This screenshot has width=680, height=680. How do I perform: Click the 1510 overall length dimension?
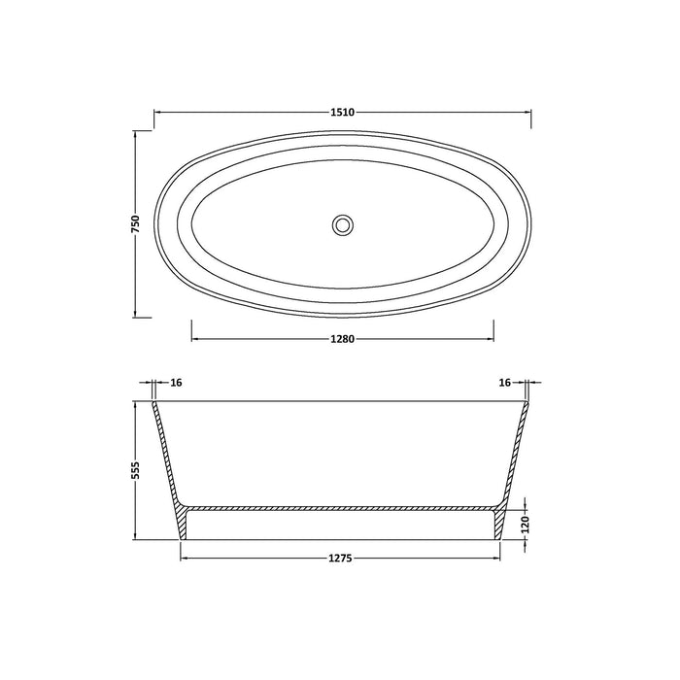(341, 113)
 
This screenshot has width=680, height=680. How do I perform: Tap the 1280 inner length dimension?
(341, 339)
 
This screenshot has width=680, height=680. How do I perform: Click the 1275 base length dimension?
(341, 559)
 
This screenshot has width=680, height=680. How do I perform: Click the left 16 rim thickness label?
(176, 383)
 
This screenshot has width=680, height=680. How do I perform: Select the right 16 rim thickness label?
(504, 383)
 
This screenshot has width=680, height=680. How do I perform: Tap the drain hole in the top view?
(341, 224)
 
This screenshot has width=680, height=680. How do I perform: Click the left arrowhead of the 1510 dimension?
(156, 113)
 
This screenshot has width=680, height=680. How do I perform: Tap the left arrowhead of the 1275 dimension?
(185, 559)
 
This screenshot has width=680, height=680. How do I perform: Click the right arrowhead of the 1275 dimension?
(497, 559)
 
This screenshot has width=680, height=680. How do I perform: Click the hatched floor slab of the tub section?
(341, 508)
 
